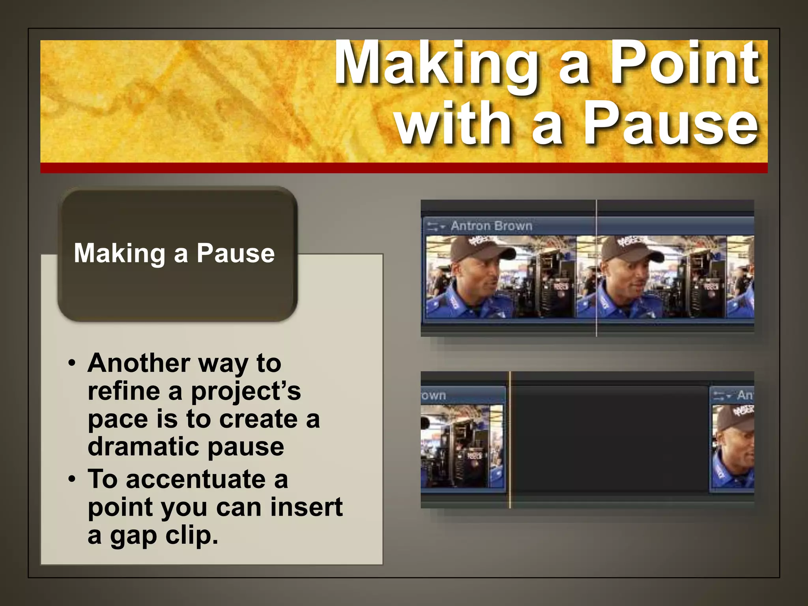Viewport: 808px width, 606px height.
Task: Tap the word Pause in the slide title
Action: (671, 123)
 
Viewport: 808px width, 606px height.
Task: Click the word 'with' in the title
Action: (454, 123)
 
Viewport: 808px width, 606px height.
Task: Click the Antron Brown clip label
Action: (492, 226)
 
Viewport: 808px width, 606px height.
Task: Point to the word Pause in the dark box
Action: (236, 253)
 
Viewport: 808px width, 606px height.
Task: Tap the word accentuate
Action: (196, 479)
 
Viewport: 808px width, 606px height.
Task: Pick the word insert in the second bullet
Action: (306, 507)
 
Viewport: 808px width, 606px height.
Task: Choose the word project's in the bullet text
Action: (245, 391)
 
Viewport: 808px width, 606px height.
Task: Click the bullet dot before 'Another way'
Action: (71, 363)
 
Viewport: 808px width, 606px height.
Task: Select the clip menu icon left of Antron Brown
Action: (435, 226)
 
